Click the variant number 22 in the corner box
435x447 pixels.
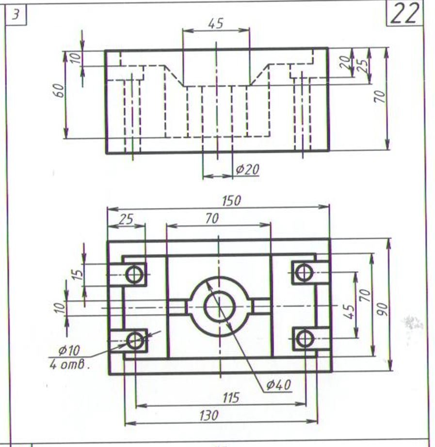(x=404, y=14)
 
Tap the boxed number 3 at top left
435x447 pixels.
(x=16, y=15)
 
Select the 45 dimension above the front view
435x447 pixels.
(x=215, y=23)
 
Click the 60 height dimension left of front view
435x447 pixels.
(x=59, y=91)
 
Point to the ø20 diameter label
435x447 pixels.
(x=248, y=170)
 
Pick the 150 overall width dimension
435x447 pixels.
(x=231, y=200)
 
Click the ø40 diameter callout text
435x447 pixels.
(x=278, y=385)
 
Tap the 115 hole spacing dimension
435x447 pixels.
(x=231, y=398)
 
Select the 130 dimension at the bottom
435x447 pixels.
(x=209, y=416)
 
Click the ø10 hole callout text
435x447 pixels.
(x=69, y=350)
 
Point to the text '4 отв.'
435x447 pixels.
(x=69, y=365)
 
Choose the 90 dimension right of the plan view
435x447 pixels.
(x=383, y=309)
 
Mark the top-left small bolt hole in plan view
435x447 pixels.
(x=135, y=275)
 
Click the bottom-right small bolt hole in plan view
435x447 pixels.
(x=305, y=339)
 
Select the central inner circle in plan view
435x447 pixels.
(x=220, y=307)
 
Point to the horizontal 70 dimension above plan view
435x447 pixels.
(x=212, y=218)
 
